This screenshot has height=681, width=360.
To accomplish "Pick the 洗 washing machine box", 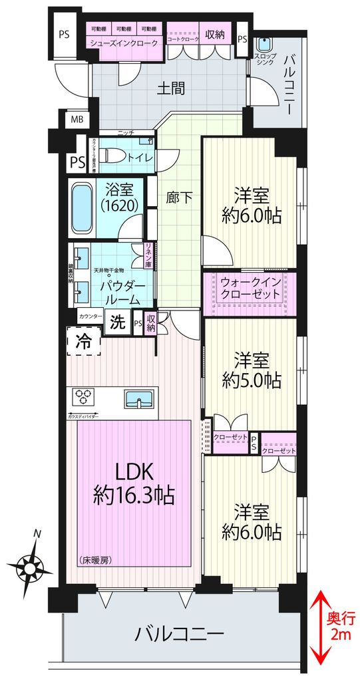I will click(x=117, y=324).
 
